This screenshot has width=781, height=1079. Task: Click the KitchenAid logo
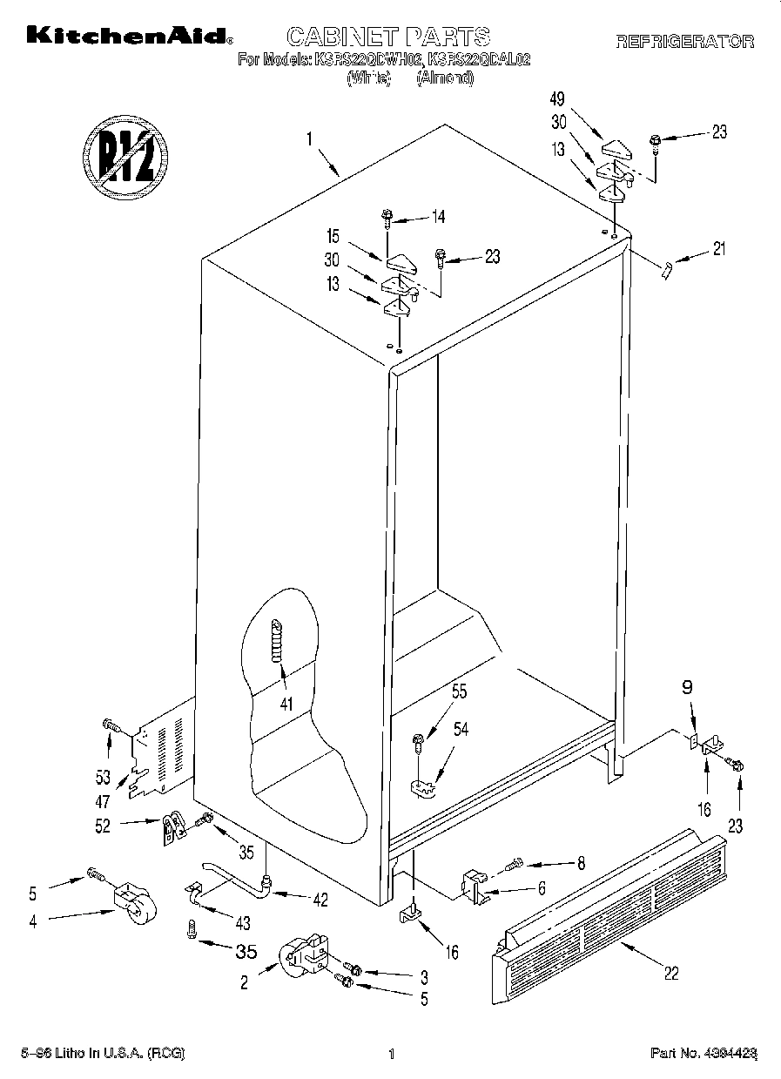click(129, 36)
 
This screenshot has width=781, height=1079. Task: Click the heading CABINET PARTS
click(388, 36)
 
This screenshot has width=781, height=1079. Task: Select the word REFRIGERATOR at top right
click(684, 41)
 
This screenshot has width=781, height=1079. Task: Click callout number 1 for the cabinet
click(309, 138)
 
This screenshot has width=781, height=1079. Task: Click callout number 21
click(718, 249)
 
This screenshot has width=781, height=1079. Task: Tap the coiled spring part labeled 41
click(278, 640)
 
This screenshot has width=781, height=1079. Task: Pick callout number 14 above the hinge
click(438, 217)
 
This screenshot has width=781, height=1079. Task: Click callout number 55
click(459, 692)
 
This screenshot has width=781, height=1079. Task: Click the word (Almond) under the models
click(445, 78)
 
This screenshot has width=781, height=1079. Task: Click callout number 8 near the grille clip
click(581, 864)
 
